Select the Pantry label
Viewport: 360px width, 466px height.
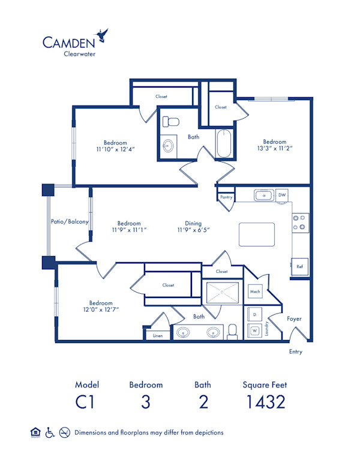point(226,197)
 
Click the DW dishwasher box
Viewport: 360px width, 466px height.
point(282,195)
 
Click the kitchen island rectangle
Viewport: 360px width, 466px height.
point(257,234)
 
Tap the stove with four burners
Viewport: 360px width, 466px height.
point(300,223)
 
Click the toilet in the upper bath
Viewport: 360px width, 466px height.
point(172,122)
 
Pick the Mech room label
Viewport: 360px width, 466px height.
point(254,292)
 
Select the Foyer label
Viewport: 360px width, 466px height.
point(294,319)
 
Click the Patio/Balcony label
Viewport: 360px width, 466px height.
point(70,222)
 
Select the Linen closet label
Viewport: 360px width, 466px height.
point(158,335)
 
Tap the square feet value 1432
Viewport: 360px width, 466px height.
point(265,402)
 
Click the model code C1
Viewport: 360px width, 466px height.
point(87,402)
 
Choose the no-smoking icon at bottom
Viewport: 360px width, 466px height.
point(65,432)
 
